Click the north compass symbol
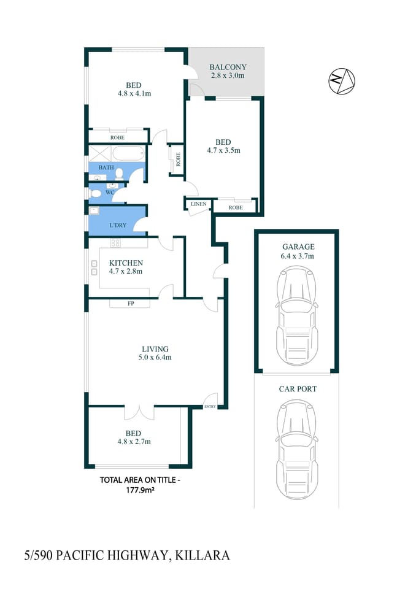(x=342, y=82)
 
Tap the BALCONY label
(x=228, y=67)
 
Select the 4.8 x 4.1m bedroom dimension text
(x=134, y=94)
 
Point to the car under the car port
(x=296, y=449)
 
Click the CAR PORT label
(x=298, y=388)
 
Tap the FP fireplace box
(x=129, y=304)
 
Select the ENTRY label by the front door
(x=210, y=406)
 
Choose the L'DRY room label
(x=118, y=225)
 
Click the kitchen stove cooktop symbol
(x=115, y=244)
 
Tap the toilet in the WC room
(x=95, y=193)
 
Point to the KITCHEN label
(x=126, y=263)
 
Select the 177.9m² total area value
(x=139, y=490)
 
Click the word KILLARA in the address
(x=202, y=556)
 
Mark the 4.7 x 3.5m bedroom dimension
(x=223, y=150)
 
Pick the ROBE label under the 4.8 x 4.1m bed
(x=117, y=137)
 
